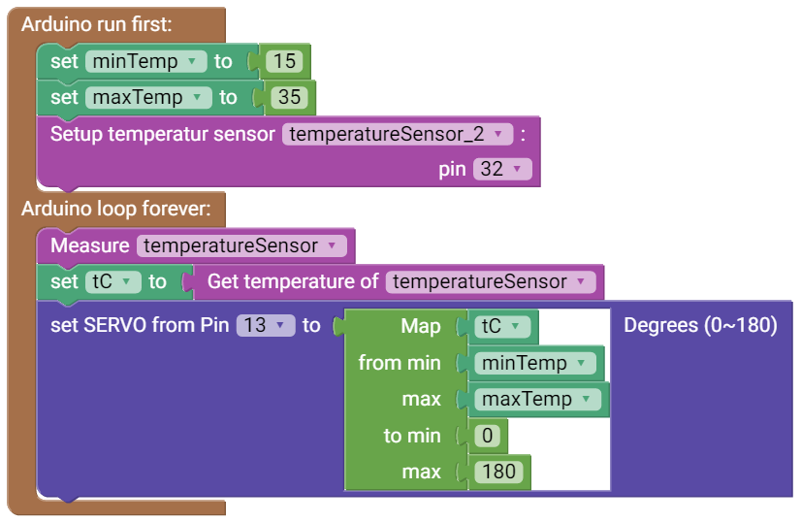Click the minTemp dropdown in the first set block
[x=146, y=61]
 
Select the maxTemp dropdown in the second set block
[x=148, y=97]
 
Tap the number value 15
[x=284, y=61]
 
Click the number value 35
[x=289, y=97]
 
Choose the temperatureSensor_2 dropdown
[x=398, y=134]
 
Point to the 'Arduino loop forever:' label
[x=113, y=209]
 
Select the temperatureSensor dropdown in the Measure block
[x=241, y=245]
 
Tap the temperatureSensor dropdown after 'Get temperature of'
[x=490, y=281]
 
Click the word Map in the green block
[x=421, y=326]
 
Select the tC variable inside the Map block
[x=503, y=326]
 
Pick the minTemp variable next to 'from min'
[x=534, y=363]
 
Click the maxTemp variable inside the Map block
[x=537, y=399]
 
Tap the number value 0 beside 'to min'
[x=488, y=436]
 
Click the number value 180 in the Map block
[x=499, y=472]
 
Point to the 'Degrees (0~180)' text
[x=700, y=325]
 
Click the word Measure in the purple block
[x=89, y=245]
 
